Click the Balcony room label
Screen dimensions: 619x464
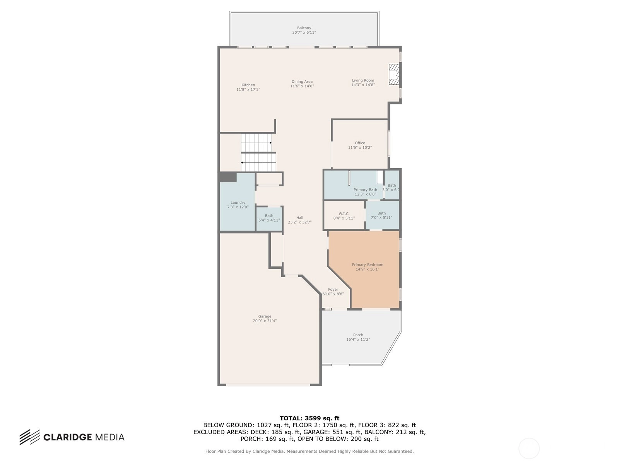304,28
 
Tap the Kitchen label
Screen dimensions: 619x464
248,85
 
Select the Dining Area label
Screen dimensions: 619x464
302,82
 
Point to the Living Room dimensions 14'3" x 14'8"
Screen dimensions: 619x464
363,85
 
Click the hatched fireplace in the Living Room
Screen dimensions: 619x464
394,74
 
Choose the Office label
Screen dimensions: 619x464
360,143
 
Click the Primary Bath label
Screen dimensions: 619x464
365,189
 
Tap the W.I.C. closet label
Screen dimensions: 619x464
344,213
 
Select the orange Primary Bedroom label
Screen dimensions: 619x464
368,264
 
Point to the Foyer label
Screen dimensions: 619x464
333,289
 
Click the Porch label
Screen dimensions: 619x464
358,335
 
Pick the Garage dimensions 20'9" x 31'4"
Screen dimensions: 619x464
265,321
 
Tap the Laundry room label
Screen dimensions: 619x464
238,202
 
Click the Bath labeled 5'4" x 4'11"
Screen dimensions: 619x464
269,218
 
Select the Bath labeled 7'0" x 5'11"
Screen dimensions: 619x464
381,215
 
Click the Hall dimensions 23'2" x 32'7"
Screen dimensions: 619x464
299,222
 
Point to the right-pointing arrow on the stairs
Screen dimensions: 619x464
256,143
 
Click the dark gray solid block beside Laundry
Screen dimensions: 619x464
228,177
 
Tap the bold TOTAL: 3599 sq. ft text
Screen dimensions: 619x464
309,418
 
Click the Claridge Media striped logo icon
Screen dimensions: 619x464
30,437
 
